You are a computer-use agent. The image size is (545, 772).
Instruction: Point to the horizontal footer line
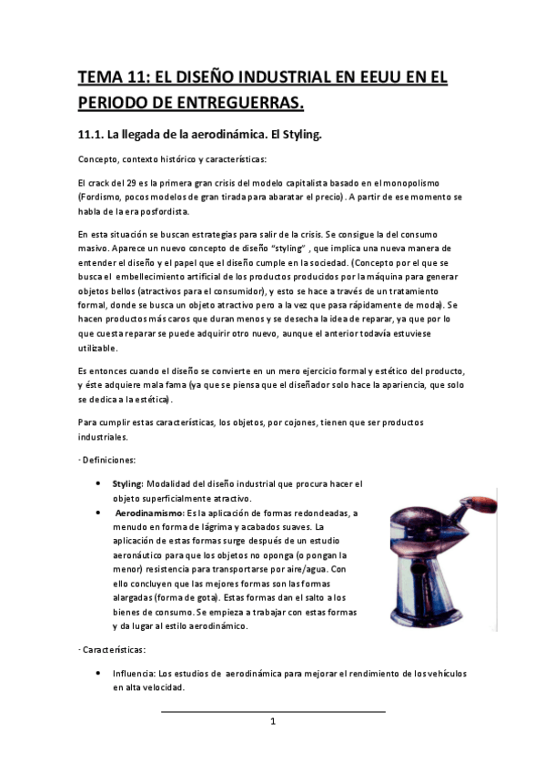click(x=272, y=711)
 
